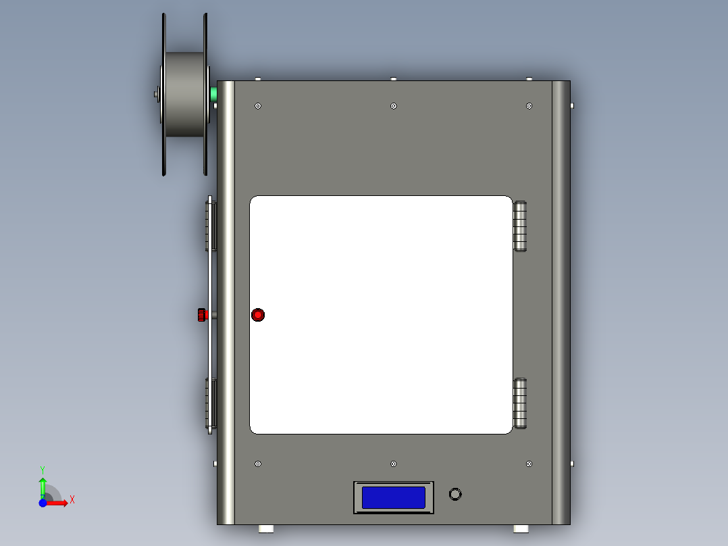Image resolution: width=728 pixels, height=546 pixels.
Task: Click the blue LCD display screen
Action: tap(394, 498)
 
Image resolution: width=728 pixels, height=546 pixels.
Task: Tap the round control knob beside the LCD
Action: tap(456, 494)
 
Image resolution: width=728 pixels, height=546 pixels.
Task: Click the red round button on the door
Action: tap(258, 315)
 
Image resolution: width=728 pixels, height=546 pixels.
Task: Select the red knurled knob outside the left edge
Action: tap(201, 314)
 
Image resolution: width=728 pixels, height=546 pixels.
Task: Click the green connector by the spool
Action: tap(215, 95)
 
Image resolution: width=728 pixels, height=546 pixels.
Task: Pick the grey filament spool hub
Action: tap(185, 95)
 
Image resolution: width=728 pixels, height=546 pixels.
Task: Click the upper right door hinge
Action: tap(520, 226)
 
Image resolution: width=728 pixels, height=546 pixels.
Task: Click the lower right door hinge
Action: tap(520, 403)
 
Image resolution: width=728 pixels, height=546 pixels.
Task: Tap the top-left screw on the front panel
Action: tap(258, 106)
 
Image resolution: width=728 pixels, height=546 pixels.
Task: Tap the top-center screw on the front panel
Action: tap(394, 106)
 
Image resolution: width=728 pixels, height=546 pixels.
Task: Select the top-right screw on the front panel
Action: tap(529, 106)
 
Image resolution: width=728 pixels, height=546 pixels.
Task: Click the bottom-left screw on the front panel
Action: tap(258, 464)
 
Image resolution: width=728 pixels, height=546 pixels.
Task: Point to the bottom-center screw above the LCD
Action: tap(394, 464)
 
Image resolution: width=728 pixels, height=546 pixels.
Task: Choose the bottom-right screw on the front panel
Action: tap(529, 464)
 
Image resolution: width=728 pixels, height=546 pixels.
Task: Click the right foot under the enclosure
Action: tap(521, 528)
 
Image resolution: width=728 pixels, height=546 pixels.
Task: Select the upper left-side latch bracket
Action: tap(211, 225)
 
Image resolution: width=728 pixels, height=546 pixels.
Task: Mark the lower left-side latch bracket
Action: tap(211, 403)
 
